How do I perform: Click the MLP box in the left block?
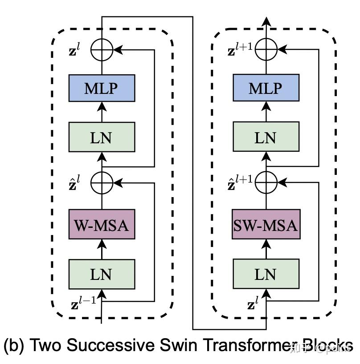pyautogui.click(x=102, y=88)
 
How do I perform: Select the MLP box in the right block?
pyautogui.click(x=266, y=88)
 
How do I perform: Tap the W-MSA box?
pyautogui.click(x=102, y=226)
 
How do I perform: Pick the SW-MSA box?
pyautogui.click(x=266, y=226)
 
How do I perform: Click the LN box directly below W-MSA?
pyautogui.click(x=102, y=273)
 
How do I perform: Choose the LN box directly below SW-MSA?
pyautogui.click(x=266, y=273)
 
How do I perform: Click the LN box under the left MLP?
pyautogui.click(x=102, y=137)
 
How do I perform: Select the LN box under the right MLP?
pyautogui.click(x=266, y=137)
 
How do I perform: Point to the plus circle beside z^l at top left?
pyautogui.click(x=102, y=50)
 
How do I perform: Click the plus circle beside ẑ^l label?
pyautogui.click(x=102, y=182)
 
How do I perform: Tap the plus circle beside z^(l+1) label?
pyautogui.click(x=266, y=50)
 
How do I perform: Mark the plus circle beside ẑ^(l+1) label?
pyautogui.click(x=266, y=182)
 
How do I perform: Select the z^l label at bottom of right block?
pyautogui.click(x=253, y=305)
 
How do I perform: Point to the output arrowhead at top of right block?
pyautogui.click(x=266, y=21)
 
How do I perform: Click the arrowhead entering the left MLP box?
pyautogui.click(x=102, y=106)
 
